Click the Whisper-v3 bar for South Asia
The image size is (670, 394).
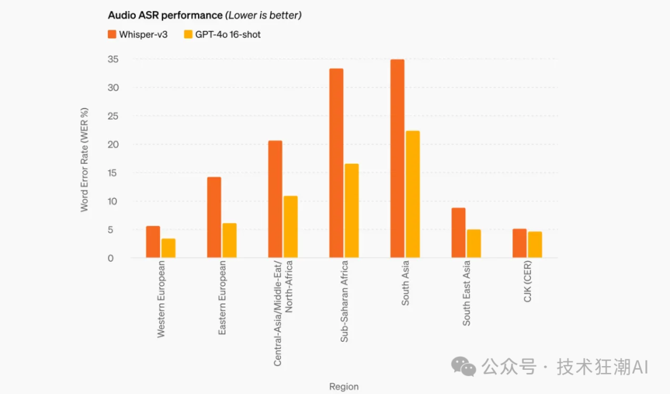[397, 159]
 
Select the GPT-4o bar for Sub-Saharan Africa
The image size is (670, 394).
[352, 211]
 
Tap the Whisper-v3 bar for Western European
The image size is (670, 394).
[153, 242]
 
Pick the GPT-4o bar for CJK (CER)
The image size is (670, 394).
[535, 244]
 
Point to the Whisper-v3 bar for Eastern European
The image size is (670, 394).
[214, 217]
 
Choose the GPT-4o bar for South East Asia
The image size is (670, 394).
[474, 243]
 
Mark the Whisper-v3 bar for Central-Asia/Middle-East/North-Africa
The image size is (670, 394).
[275, 199]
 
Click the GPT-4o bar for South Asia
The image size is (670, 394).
[413, 194]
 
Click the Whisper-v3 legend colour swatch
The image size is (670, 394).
[112, 34]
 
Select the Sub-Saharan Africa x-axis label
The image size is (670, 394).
[344, 302]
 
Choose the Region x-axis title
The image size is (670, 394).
[344, 387]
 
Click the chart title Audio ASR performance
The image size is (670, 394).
[164, 15]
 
